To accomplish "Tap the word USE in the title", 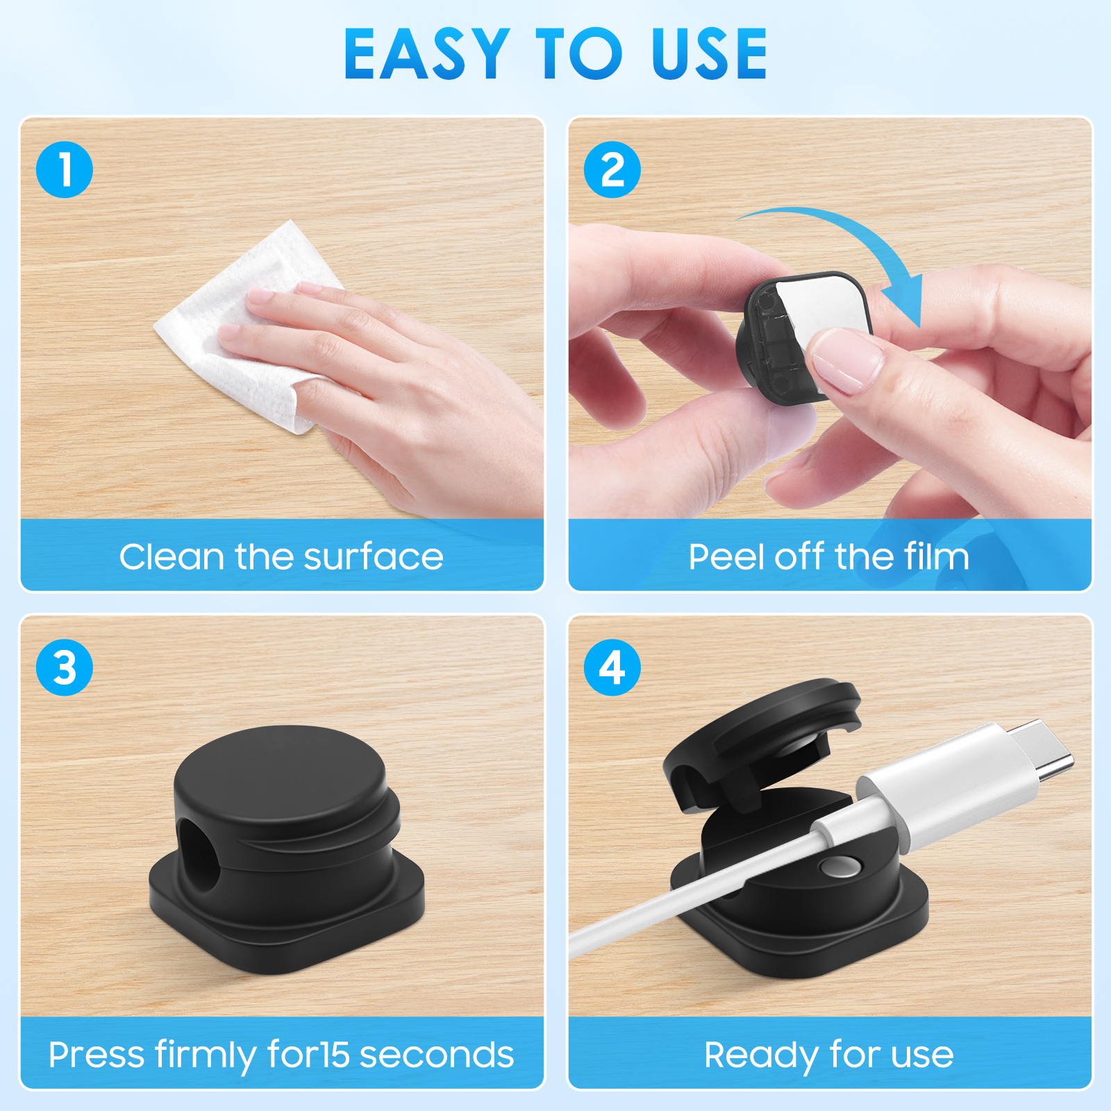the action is tap(709, 53).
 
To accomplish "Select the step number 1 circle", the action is tap(65, 169).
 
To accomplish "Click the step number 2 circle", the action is tap(612, 169).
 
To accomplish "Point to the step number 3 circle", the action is tap(65, 667).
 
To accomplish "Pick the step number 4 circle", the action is tap(612, 667).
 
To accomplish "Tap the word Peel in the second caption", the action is tap(727, 556).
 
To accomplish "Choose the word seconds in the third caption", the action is tap(437, 1055).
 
